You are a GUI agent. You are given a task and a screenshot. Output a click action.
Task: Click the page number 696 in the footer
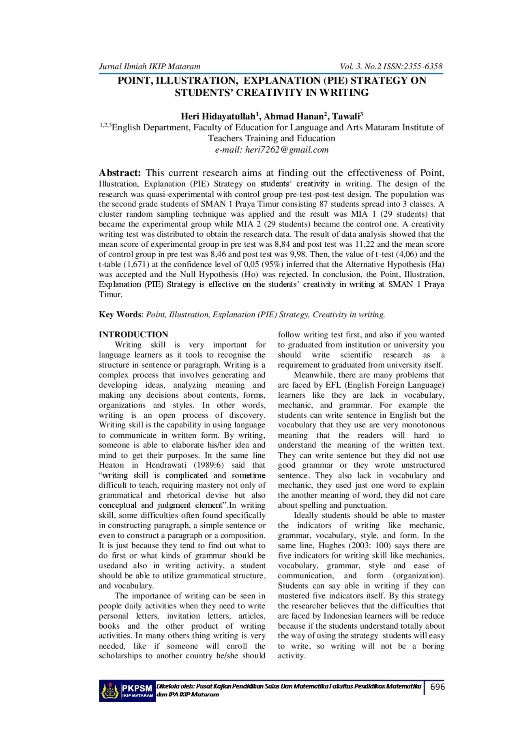[x=437, y=687]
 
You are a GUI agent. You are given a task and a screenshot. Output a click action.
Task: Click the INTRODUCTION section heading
[x=133, y=334]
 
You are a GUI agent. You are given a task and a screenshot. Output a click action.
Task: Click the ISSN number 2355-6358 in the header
[x=423, y=67]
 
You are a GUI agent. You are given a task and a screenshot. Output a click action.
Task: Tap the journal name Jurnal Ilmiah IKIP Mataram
[x=150, y=67]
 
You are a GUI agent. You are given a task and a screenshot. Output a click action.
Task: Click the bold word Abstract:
[x=120, y=173]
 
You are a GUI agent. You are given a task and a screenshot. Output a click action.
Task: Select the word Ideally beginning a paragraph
[x=306, y=515]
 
